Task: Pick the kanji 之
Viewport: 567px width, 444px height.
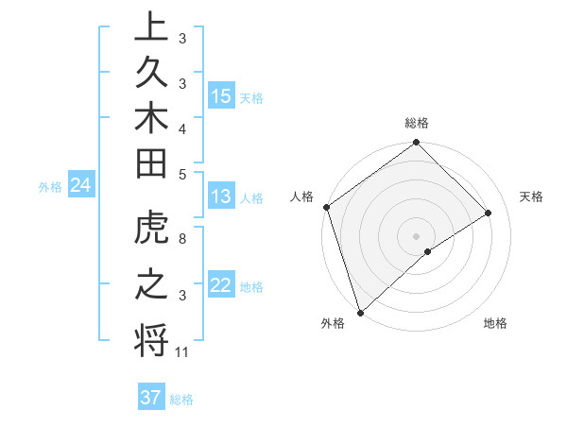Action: click(151, 287)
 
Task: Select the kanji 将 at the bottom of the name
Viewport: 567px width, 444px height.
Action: click(151, 341)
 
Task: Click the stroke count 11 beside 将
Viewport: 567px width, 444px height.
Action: click(182, 352)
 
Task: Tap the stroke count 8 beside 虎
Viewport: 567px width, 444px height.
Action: click(181, 240)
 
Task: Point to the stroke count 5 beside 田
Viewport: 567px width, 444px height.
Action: click(181, 173)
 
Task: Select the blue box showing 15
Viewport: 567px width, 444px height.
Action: click(221, 96)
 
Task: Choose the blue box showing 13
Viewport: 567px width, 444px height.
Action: click(221, 197)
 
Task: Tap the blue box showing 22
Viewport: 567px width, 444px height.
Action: click(221, 286)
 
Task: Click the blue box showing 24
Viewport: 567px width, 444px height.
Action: click(80, 186)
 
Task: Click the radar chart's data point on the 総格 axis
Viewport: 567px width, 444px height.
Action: click(416, 144)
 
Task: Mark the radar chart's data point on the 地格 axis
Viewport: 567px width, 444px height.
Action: click(428, 250)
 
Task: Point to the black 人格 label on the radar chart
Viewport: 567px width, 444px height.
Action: click(302, 196)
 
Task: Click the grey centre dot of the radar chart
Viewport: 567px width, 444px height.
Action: click(416, 235)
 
